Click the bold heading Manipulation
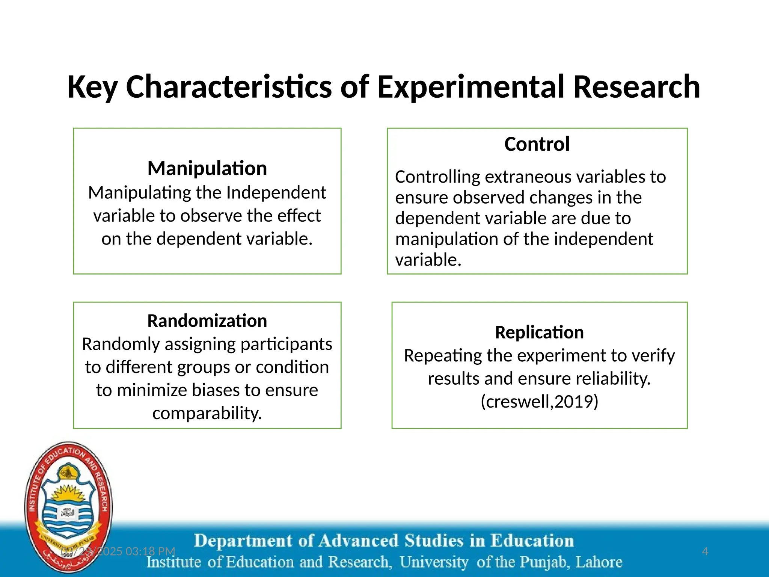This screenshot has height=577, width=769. [x=207, y=168]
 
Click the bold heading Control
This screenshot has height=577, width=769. [x=537, y=144]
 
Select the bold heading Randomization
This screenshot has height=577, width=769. [x=207, y=321]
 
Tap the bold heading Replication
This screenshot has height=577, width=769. [x=539, y=332]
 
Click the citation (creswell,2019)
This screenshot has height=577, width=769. [x=539, y=402]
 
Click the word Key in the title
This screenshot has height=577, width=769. [x=92, y=87]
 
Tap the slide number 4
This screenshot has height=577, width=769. [x=705, y=551]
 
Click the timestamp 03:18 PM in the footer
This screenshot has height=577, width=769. [x=150, y=551]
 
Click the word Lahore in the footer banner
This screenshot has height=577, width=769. [x=599, y=562]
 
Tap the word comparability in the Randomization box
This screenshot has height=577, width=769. [x=207, y=413]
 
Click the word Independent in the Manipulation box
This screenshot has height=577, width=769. [x=276, y=193]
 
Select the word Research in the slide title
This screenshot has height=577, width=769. [x=636, y=87]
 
